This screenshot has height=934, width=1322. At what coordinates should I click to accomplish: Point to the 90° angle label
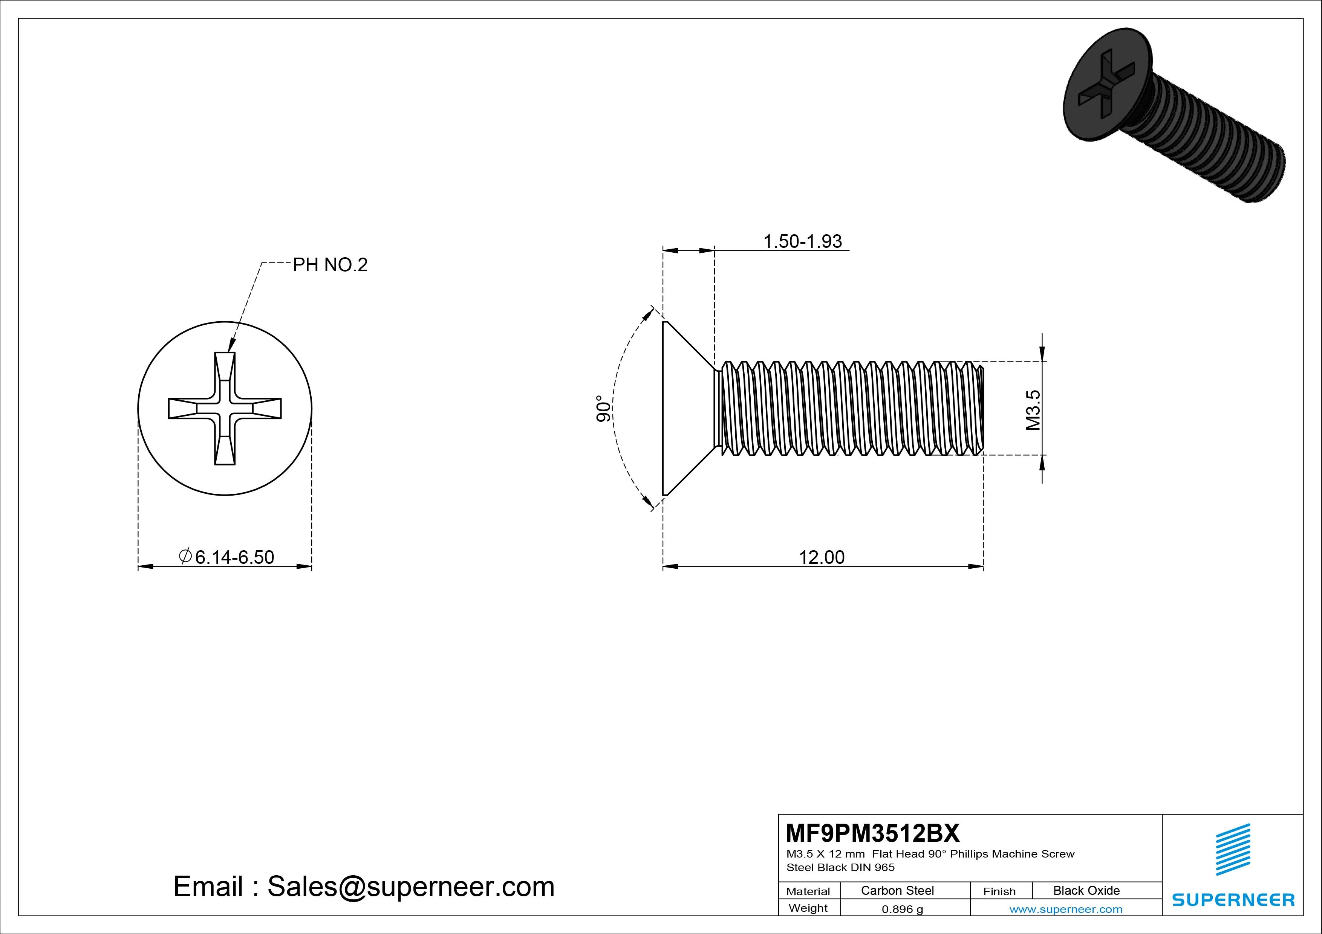point(603,409)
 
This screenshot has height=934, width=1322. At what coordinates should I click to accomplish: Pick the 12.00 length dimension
point(821,557)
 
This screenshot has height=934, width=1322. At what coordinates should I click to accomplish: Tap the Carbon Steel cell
point(897,891)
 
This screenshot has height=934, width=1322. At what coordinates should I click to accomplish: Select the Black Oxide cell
point(1086,891)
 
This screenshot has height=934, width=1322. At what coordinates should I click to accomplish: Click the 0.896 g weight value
point(902,909)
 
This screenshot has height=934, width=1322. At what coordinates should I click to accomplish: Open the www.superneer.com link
point(1065,909)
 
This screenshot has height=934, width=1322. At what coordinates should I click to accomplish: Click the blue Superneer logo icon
point(1232,849)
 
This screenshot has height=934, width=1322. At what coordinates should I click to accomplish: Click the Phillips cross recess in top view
point(225,409)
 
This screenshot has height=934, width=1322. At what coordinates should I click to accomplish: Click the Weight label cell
point(808,908)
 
